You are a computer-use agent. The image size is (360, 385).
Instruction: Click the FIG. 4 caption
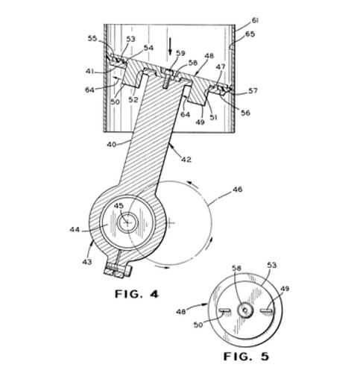[136, 294]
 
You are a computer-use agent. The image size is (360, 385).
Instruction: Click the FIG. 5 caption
[246, 357]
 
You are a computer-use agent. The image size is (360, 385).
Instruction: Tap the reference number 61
[255, 21]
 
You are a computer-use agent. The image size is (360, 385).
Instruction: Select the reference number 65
[250, 34]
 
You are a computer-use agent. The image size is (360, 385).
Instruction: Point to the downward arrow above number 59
[170, 46]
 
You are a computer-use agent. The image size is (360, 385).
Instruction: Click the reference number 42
[186, 160]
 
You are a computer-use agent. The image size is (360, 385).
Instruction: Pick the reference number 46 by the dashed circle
[237, 190]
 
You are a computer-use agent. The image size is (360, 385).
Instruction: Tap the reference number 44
[75, 229]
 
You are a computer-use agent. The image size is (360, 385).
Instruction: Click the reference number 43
[87, 262]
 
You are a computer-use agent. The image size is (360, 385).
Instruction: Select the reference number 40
[112, 145]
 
